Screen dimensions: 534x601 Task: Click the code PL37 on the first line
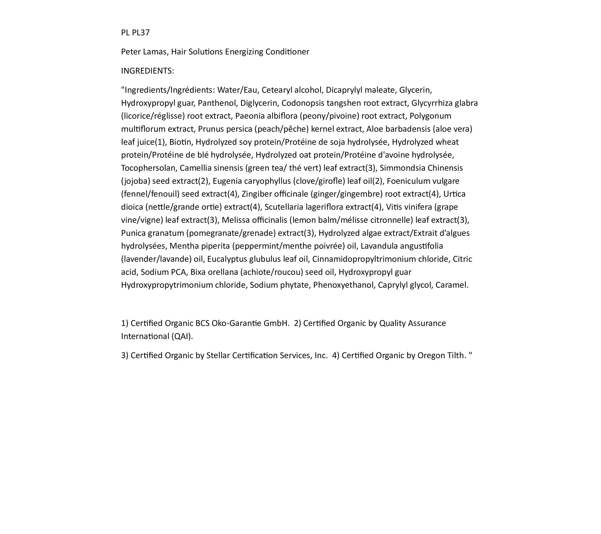click(x=141, y=32)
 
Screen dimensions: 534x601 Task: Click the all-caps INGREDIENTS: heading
click(x=148, y=71)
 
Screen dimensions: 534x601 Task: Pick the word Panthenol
click(x=218, y=103)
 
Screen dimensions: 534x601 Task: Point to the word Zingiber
click(x=256, y=194)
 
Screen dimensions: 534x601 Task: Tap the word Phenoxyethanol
click(x=344, y=285)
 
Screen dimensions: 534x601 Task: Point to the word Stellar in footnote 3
click(x=218, y=356)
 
